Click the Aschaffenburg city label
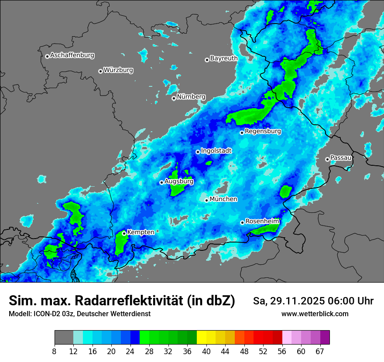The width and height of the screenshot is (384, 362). tap(72, 55)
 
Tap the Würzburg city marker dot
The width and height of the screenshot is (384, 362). tap(100, 71)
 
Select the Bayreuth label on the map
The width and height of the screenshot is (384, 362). tap(224, 58)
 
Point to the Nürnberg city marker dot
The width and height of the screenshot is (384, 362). tap(174, 98)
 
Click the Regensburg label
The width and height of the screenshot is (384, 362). tap(263, 131)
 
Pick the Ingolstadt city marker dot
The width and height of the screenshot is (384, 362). tap(198, 152)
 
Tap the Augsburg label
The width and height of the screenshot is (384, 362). tap(179, 181)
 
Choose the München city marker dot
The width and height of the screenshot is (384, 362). tap(207, 200)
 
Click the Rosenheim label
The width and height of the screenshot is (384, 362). tap(262, 221)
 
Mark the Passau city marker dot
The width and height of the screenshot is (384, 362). tap(327, 159)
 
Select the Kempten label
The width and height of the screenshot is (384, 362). tap(141, 232)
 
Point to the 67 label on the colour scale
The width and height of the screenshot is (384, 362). tap(320, 352)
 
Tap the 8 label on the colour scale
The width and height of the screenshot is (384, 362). tap(54, 352)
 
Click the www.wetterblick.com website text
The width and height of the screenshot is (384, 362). tap(315, 314)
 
